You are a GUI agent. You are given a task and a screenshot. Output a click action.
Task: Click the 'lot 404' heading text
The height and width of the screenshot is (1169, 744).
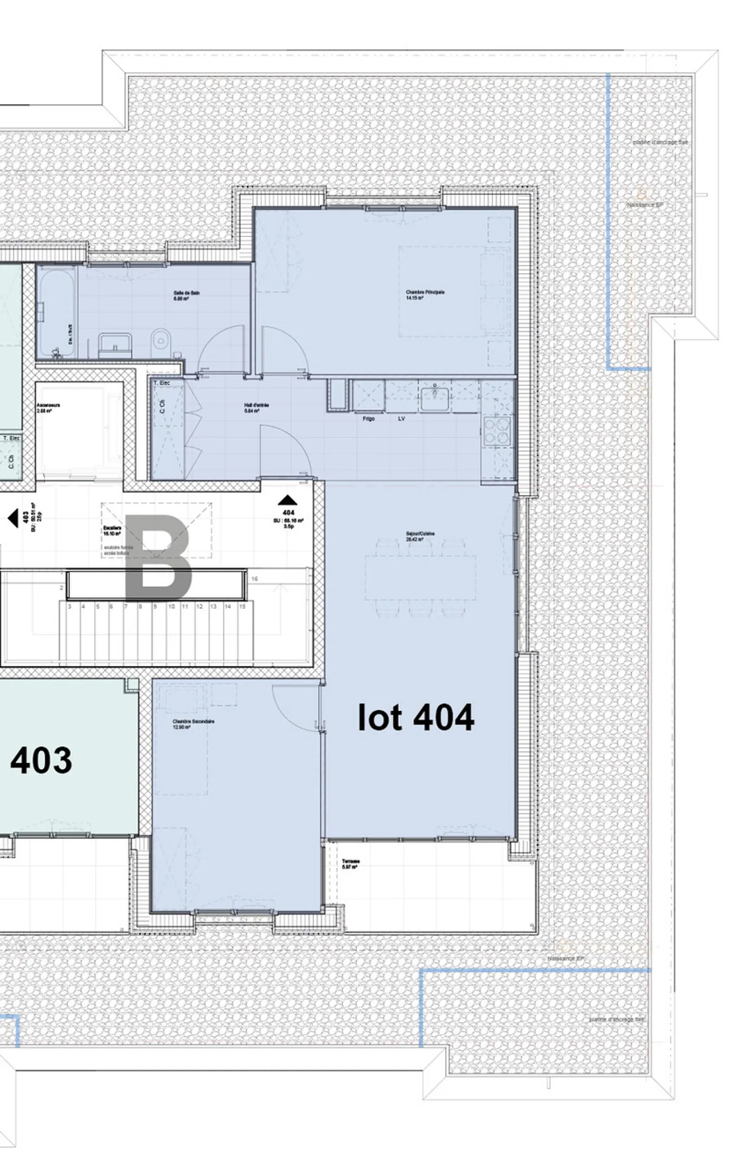[416, 717]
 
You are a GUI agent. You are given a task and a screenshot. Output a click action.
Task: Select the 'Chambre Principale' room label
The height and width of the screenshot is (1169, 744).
[425, 293]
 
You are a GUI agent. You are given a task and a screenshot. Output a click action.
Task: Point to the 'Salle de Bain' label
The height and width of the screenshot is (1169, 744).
[186, 293]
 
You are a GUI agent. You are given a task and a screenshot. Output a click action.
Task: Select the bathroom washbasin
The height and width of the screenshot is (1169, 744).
[115, 342]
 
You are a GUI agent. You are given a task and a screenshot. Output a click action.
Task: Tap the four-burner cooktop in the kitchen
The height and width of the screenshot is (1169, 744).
[497, 431]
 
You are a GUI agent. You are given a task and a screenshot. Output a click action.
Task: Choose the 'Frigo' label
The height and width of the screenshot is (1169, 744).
[368, 419]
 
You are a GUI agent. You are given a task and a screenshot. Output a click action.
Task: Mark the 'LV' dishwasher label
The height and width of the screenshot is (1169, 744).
[401, 419]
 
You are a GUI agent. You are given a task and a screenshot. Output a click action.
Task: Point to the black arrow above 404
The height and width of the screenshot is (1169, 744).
[288, 500]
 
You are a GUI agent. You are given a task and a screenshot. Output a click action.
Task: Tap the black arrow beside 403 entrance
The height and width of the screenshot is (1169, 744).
[13, 518]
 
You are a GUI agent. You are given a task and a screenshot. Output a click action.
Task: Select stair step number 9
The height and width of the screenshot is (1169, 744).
[154, 607]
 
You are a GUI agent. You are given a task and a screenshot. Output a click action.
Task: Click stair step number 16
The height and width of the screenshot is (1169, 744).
[255, 579]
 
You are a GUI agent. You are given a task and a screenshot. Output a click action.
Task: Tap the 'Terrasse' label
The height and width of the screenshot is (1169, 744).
[350, 862]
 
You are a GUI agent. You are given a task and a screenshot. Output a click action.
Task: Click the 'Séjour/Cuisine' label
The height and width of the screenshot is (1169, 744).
[420, 534]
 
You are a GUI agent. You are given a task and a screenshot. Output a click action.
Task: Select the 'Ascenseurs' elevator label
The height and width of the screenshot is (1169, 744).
[48, 405]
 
